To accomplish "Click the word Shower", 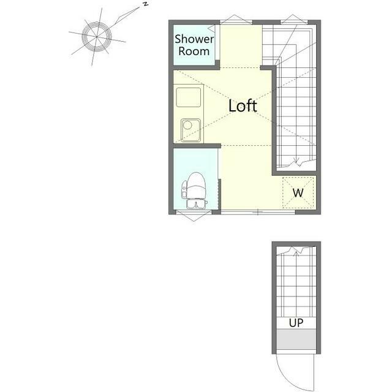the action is (x=194, y=39).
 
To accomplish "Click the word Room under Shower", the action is (x=194, y=51).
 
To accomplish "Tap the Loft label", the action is (x=243, y=105).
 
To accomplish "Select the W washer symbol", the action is (x=298, y=193).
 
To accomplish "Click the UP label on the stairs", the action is (x=296, y=323).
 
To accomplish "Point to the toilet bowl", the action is (x=196, y=185).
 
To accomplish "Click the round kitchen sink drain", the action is (x=187, y=124).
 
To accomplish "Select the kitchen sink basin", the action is (x=190, y=130).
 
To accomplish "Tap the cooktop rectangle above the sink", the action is (x=188, y=97).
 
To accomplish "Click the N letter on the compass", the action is (x=145, y=4).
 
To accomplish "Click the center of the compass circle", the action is (x=97, y=37).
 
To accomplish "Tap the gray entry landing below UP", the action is (x=296, y=339).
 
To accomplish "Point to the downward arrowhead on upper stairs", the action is (x=296, y=161).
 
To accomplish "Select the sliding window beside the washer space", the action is (x=258, y=213).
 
